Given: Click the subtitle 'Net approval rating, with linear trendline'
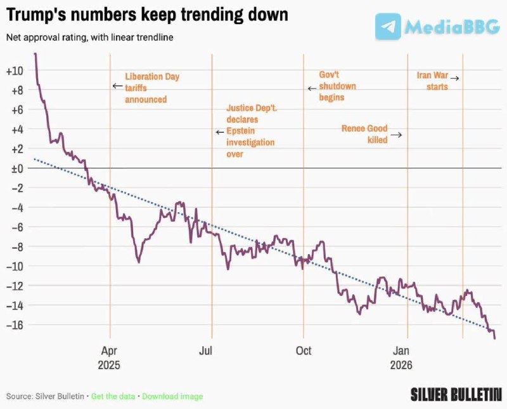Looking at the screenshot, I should (x=89, y=37).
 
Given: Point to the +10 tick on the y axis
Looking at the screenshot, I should (x=15, y=70).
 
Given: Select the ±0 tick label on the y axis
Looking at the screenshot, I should (x=15, y=168).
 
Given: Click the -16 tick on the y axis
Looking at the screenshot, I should (x=15, y=325).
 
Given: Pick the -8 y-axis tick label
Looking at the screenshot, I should (x=15, y=246).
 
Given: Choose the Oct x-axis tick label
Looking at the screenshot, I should (x=304, y=350).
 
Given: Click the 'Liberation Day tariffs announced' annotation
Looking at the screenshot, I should (x=152, y=88).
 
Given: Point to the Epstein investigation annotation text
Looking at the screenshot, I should (x=250, y=131).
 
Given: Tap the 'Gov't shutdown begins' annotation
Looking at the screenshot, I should (x=337, y=86).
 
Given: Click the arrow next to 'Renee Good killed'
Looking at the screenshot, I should (x=396, y=135).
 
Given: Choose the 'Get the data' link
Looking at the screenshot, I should (x=113, y=396).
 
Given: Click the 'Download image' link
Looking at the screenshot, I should (x=172, y=396).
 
